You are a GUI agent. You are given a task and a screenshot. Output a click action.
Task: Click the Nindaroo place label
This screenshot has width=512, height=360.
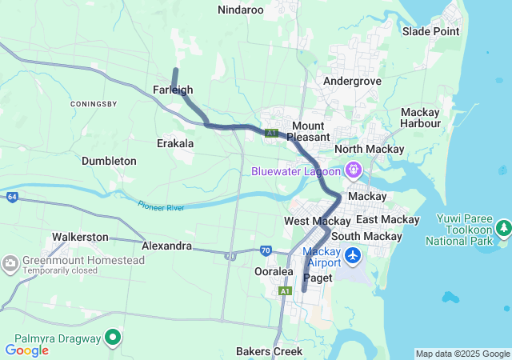click(x=241, y=10)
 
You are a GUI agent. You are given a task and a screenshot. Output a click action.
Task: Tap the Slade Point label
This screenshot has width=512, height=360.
click(x=430, y=31)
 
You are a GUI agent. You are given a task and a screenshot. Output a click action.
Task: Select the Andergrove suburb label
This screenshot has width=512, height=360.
click(x=349, y=81)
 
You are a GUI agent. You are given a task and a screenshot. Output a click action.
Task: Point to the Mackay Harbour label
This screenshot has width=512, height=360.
click(x=421, y=118)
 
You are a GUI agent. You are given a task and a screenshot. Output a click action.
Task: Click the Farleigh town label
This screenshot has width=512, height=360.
click(x=173, y=90)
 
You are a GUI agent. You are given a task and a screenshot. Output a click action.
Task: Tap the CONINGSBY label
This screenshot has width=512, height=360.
click(x=94, y=104)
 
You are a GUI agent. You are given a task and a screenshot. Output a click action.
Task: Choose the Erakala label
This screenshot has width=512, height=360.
click(x=174, y=143)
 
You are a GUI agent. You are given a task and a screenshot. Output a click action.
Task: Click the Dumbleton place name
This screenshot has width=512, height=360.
click(x=109, y=161)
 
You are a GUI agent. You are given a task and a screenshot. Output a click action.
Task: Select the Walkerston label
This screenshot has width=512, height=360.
click(x=80, y=237)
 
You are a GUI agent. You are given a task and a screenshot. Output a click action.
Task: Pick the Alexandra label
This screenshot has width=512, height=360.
click(x=166, y=246)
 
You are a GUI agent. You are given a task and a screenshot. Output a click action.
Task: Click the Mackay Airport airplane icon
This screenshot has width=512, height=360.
click(x=354, y=257)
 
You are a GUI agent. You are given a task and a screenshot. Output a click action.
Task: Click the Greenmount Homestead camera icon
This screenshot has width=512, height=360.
click(x=10, y=262)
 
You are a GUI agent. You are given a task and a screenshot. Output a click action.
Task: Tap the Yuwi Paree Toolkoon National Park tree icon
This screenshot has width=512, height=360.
click(x=503, y=230)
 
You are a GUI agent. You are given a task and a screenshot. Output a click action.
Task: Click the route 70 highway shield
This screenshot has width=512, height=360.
click(x=266, y=250)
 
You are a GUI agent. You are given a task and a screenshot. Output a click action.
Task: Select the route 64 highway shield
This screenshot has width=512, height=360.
click(x=12, y=197)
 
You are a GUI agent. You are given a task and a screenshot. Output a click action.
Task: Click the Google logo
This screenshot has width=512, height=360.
click(x=26, y=350)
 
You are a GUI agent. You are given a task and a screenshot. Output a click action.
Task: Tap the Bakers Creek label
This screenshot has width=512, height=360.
click(x=269, y=351)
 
